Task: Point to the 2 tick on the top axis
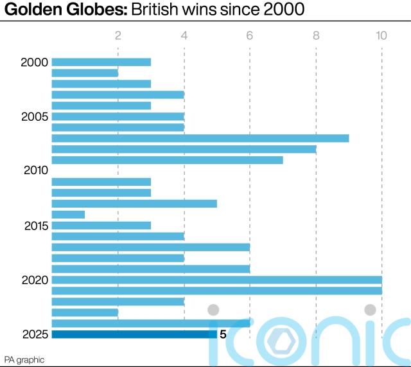click(118, 36)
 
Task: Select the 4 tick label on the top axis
click(184, 36)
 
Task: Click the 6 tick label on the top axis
click(250, 36)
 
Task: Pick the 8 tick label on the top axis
click(316, 36)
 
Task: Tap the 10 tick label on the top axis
click(381, 36)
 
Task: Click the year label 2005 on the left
click(34, 116)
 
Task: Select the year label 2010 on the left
click(34, 171)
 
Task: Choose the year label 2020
click(34, 280)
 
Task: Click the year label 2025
click(34, 334)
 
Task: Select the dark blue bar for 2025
click(134, 334)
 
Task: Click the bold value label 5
click(223, 334)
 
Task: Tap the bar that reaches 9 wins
click(200, 138)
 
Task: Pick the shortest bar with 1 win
click(68, 215)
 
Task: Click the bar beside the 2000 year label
click(101, 62)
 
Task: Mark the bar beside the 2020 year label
click(216, 280)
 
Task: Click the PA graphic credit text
click(24, 359)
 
